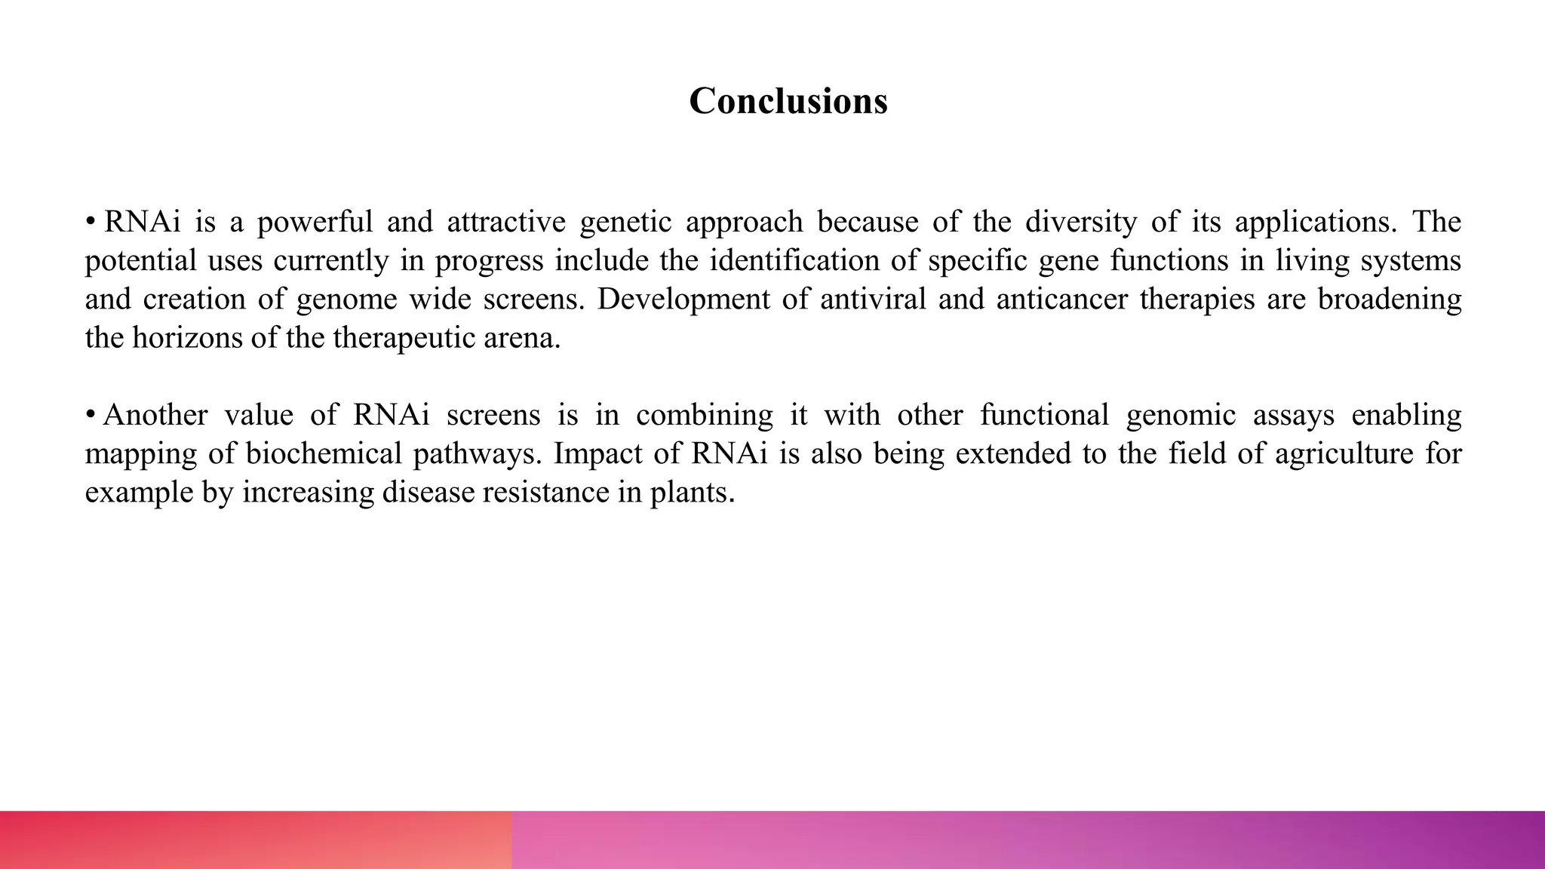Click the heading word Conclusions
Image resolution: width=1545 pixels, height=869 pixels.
pyautogui.click(x=788, y=101)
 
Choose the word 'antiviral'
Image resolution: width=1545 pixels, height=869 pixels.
pyautogui.click(x=872, y=299)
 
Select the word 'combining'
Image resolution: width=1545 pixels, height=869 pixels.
pyautogui.click(x=704, y=416)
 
